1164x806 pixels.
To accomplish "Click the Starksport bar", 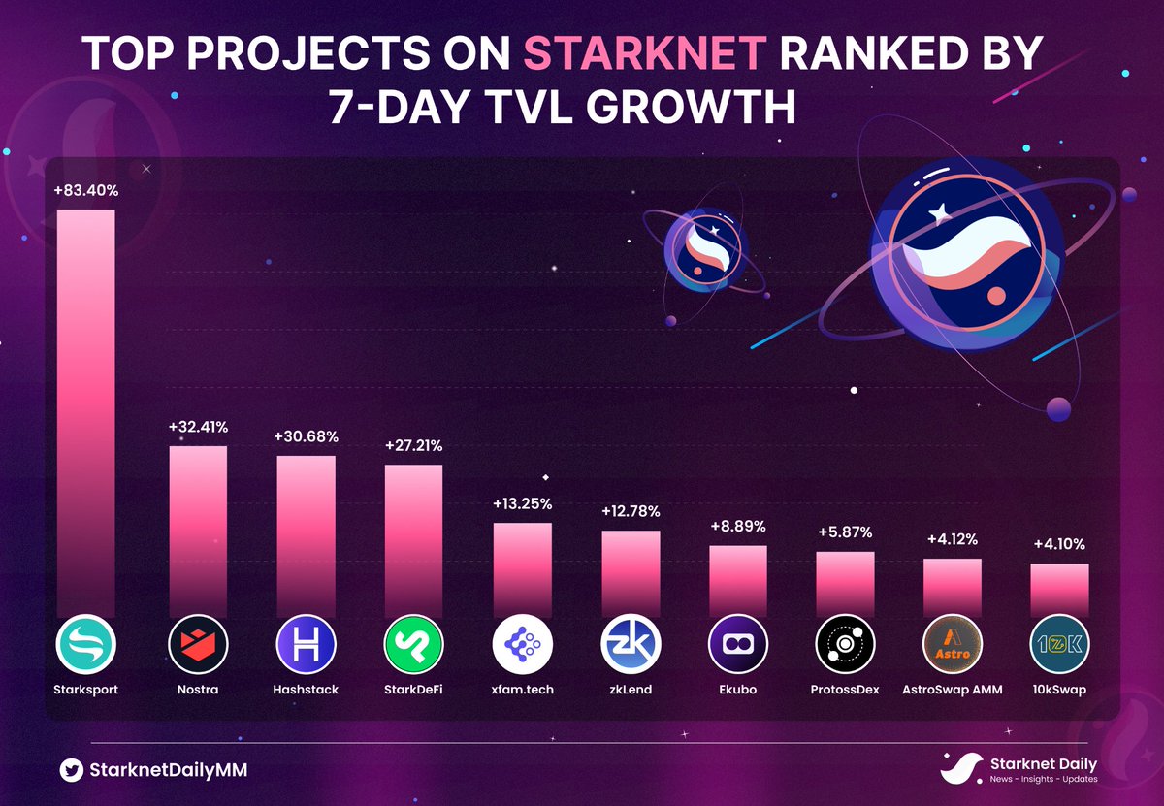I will (x=85, y=412).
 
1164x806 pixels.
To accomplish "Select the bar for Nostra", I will (x=198, y=531).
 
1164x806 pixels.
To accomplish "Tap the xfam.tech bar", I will (x=522, y=569).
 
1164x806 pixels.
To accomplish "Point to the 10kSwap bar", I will (x=1059, y=590).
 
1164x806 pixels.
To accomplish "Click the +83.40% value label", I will (x=86, y=191).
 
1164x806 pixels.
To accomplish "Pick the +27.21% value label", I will (x=413, y=446).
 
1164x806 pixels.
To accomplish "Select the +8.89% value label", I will (x=737, y=527).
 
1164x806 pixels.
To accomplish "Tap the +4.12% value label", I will (x=952, y=539).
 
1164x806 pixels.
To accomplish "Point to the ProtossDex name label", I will (x=845, y=690).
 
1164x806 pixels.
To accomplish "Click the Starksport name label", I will (x=86, y=690).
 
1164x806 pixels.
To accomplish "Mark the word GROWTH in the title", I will (x=694, y=108).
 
